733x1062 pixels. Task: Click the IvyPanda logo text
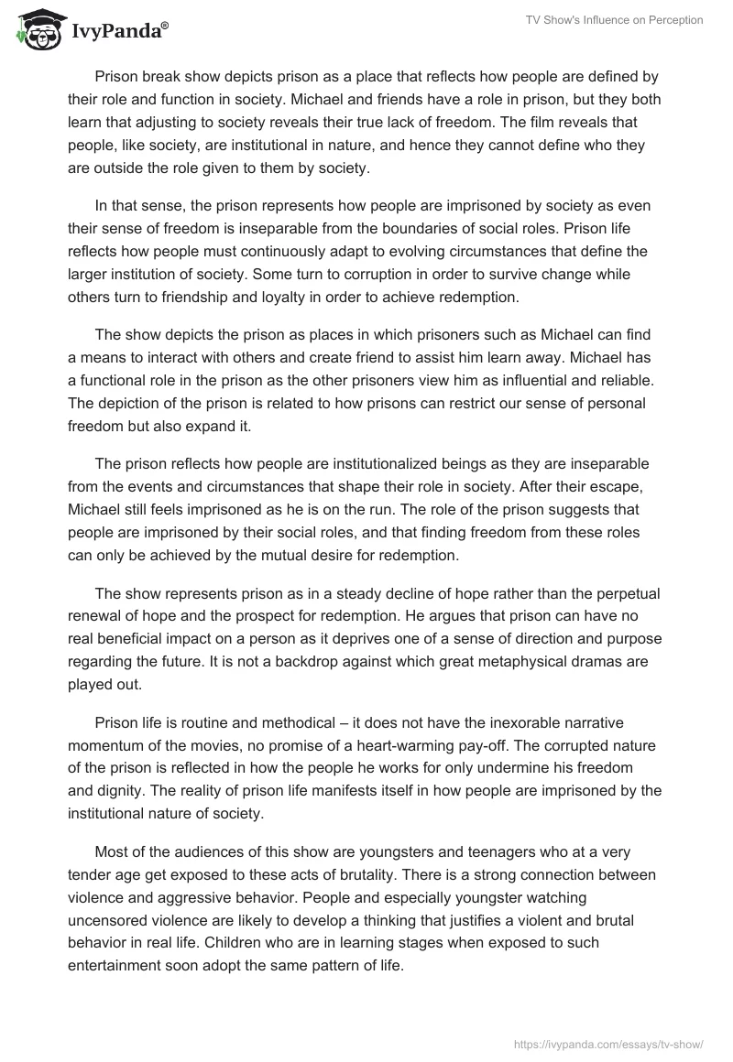click(x=118, y=30)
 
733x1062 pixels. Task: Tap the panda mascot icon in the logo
click(x=36, y=29)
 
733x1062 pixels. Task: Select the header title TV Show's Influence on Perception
click(x=614, y=20)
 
